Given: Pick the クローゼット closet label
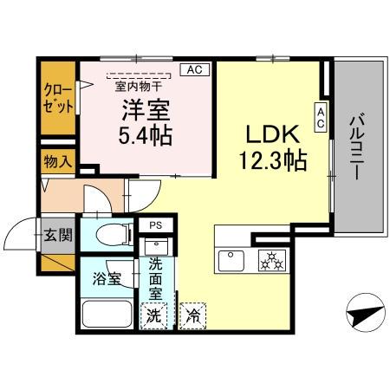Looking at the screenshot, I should click(x=57, y=99).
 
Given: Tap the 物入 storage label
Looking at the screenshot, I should click(x=58, y=160).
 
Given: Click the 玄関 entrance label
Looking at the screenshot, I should click(x=57, y=234).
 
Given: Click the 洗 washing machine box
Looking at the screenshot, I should click(x=153, y=314).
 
